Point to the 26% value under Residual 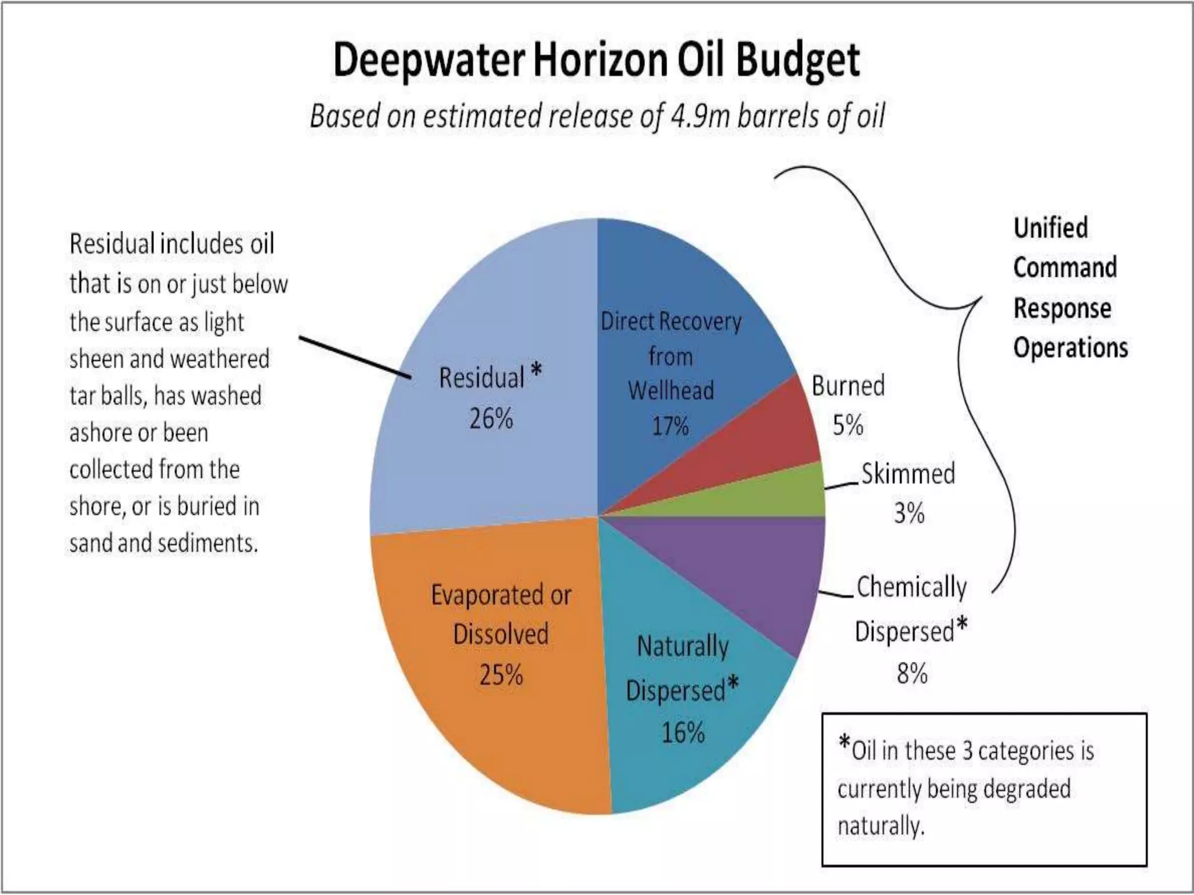pos(491,418)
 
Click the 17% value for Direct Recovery pos(670,426)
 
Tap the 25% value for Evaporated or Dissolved pos(501,675)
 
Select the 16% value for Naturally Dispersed pos(683,732)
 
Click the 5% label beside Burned pos(847,425)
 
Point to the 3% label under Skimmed pos(909,513)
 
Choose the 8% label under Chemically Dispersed pos(912,674)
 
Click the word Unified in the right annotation pos(1051,228)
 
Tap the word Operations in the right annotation pos(1070,348)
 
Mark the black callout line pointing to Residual pos(356,357)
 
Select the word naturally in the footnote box pos(880,826)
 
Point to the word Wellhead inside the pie pos(670,390)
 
